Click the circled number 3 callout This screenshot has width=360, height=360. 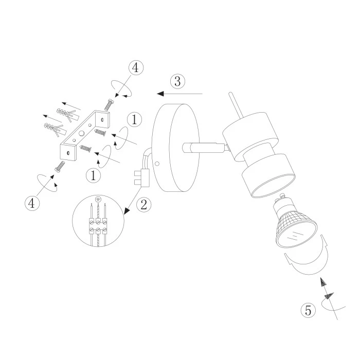click(177, 81)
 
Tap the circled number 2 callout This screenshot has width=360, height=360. click(143, 204)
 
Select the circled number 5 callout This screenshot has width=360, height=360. click(308, 310)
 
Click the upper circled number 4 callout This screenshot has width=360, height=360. click(136, 67)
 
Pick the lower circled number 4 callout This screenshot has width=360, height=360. click(32, 203)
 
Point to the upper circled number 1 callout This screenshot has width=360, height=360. click(134, 119)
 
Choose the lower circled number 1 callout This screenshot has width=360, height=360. click(93, 176)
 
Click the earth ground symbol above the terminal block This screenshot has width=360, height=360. click(98, 199)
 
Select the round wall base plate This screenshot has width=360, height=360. click(176, 148)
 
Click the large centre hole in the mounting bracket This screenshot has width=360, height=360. click(82, 133)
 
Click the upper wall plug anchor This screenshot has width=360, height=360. click(67, 114)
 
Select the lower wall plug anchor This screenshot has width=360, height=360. click(55, 129)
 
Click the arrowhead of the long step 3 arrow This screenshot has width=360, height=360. click(160, 94)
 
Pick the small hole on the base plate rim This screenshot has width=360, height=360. click(157, 164)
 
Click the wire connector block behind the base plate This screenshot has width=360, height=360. click(141, 178)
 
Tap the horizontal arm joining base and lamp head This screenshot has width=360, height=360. click(204, 148)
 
